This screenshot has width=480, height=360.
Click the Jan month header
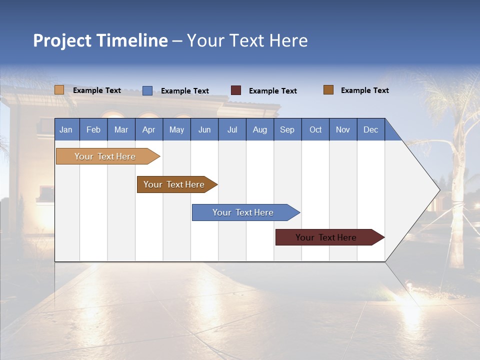pyautogui.click(x=66, y=129)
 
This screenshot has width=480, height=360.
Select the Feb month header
pyautogui.click(x=93, y=129)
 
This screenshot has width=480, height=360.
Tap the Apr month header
pyautogui.click(x=149, y=129)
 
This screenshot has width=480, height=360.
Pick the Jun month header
pyautogui.click(x=204, y=129)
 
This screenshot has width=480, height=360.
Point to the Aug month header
pyautogui.click(x=260, y=129)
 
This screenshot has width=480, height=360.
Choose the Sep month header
pyautogui.click(x=287, y=129)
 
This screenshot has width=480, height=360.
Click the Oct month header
pyautogui.click(x=315, y=129)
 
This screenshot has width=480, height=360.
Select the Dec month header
pyautogui.click(x=371, y=129)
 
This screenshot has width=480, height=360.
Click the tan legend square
pyautogui.click(x=59, y=90)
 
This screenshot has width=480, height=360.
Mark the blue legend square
pyautogui.click(x=147, y=90)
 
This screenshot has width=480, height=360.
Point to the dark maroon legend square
pyautogui.click(x=236, y=90)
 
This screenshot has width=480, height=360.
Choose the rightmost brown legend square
pyautogui.click(x=328, y=90)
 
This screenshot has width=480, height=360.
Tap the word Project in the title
pyautogui.click(x=62, y=40)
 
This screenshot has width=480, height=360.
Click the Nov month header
pyautogui.click(x=343, y=129)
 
